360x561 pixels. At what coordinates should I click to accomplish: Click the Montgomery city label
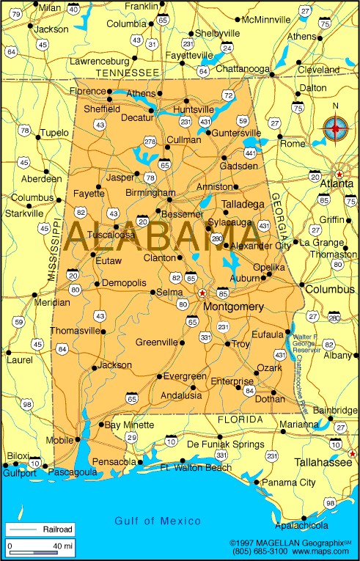pos(233,307)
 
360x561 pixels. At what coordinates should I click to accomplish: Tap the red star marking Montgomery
pos(202,293)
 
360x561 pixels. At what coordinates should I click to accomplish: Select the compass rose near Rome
pos(336,129)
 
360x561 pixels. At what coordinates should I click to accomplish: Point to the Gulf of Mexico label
pos(158,521)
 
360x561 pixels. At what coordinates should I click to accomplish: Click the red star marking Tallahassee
pos(353,453)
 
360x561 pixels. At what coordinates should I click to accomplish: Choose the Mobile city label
pos(59,441)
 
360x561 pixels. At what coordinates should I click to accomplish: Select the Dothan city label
pos(270,399)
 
